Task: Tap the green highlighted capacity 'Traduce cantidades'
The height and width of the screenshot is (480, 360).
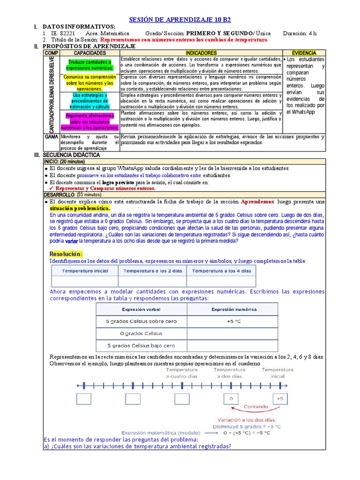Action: (90, 65)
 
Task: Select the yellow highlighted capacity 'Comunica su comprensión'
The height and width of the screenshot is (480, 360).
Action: (89, 82)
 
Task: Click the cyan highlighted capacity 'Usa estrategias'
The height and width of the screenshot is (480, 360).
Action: (90, 101)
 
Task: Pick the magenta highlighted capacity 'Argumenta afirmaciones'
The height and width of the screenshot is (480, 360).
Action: (90, 121)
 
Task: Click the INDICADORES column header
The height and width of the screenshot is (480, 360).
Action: (201, 53)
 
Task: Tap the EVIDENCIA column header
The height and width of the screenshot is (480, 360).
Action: (304, 53)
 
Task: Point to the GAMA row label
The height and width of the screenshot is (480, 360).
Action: (51, 136)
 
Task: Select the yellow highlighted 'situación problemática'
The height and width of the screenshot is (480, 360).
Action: (80, 208)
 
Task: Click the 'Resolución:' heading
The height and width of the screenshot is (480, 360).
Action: (66, 254)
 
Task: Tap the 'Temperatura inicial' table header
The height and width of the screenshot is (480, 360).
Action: (85, 271)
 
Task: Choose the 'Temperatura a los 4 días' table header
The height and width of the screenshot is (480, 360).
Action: (221, 271)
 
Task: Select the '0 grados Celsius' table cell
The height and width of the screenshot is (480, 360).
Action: (141, 333)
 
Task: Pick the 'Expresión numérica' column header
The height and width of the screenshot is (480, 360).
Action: (232, 309)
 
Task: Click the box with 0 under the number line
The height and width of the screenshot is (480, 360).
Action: (231, 399)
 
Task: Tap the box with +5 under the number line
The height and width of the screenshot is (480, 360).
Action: (280, 399)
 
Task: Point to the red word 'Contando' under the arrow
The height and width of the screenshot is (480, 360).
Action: (256, 406)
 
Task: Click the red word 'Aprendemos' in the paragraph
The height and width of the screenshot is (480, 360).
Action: (257, 202)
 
